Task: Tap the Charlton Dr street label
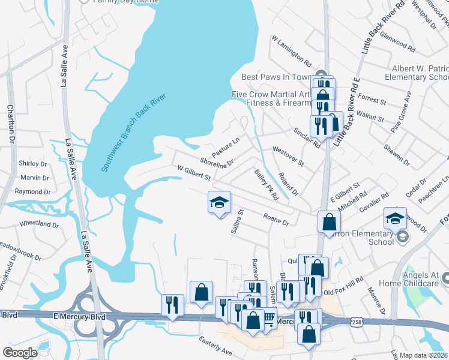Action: point(10,124)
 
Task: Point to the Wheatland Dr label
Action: point(39,224)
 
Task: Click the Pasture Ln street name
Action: point(226,145)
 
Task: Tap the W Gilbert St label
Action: point(193,174)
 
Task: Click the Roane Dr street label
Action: point(276,218)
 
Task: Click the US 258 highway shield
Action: point(357,322)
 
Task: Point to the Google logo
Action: point(20,352)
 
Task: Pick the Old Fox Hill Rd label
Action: point(343,286)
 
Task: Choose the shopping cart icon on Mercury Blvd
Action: point(269,319)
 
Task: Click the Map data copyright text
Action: point(423,355)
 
